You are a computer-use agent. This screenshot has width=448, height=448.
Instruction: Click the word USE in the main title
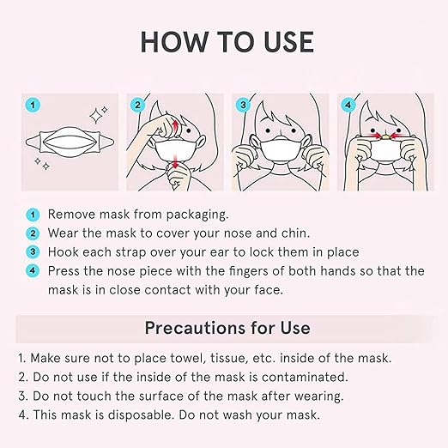coord(288,42)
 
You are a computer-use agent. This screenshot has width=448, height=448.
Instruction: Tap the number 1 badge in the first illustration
coord(33,105)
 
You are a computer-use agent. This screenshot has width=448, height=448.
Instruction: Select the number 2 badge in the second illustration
coord(137,105)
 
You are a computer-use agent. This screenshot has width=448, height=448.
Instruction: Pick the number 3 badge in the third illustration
coord(243,105)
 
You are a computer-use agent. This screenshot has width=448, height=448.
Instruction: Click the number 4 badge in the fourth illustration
coord(348,105)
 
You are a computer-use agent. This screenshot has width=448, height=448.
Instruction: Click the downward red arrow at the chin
coord(175,161)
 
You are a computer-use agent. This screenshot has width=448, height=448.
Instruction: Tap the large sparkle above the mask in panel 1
coord(95,116)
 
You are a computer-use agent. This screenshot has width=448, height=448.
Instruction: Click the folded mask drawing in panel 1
coord(70,142)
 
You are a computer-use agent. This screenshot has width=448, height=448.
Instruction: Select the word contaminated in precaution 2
coord(305,377)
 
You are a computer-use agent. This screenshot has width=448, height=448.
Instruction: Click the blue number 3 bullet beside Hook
coord(33,252)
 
